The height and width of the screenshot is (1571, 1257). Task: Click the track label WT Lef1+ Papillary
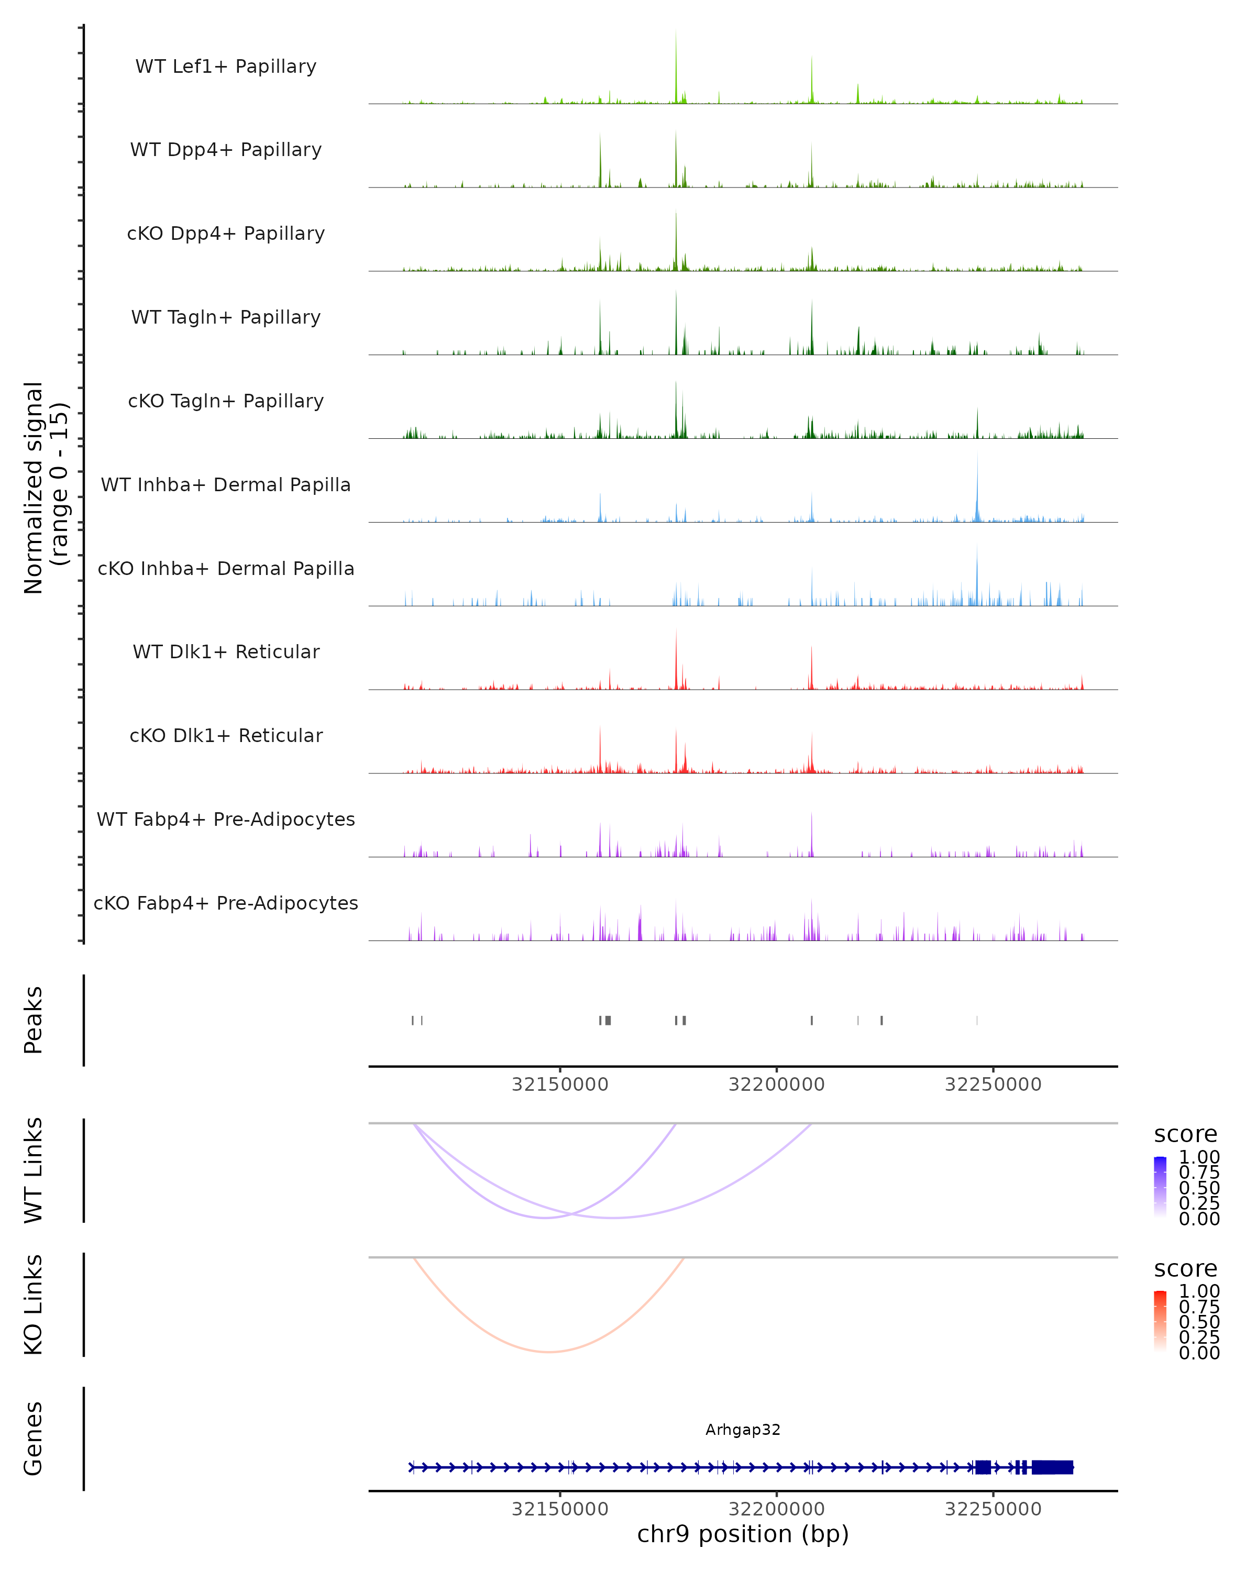[226, 67]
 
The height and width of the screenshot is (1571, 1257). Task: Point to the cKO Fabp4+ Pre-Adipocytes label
[226, 903]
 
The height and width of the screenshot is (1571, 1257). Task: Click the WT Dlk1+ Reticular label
[226, 651]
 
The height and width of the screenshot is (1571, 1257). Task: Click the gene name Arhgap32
[743, 1430]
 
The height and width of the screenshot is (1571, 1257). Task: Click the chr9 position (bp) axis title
[743, 1534]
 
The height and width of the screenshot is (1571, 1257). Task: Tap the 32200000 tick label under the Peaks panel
[776, 1085]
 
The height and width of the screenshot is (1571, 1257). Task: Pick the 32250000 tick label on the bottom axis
[993, 1509]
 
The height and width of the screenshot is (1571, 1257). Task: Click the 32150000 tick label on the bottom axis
[560, 1509]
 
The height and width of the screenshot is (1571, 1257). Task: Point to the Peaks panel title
[34, 1020]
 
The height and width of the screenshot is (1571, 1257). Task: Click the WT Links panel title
[34, 1170]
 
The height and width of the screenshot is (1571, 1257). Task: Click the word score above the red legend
[1185, 1269]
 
